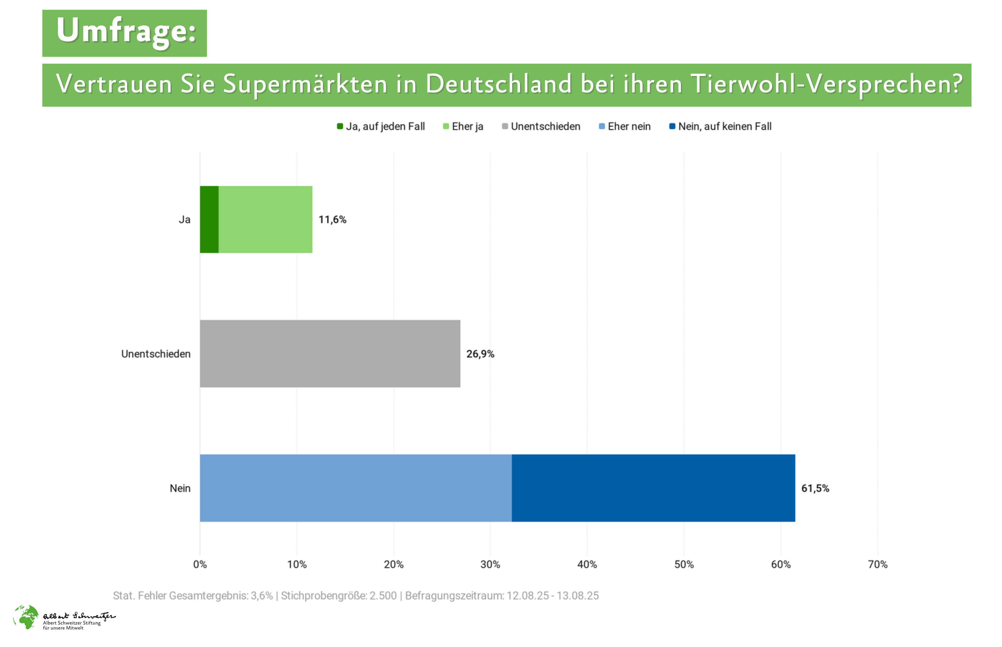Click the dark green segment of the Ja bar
click(209, 219)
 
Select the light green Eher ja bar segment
click(265, 219)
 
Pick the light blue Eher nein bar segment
click(356, 488)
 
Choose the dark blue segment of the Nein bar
click(653, 488)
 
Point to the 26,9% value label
click(480, 354)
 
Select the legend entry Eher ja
click(463, 127)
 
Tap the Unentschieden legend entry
click(541, 127)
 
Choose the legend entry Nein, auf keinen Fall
click(720, 127)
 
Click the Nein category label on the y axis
click(180, 488)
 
